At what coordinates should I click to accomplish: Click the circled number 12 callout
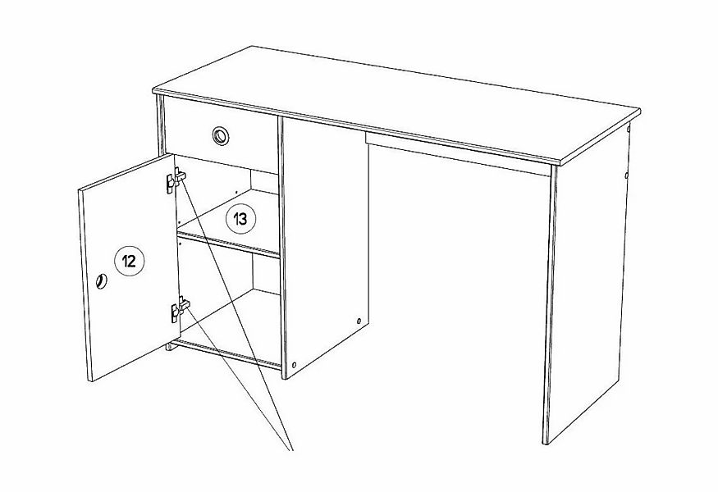129,261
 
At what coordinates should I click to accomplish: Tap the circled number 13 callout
241,219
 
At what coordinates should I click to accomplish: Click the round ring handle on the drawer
221,136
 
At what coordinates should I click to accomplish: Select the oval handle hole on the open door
102,281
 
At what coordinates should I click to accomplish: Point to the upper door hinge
176,179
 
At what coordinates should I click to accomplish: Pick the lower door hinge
180,308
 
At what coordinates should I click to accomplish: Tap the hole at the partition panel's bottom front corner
294,365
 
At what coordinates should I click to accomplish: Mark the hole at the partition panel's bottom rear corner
359,321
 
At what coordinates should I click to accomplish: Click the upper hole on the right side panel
629,129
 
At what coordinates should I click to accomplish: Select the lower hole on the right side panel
626,175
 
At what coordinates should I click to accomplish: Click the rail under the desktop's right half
458,154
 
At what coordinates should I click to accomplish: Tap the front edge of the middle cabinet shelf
228,244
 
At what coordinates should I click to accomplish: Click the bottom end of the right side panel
545,443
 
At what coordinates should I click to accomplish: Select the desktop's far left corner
251,46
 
